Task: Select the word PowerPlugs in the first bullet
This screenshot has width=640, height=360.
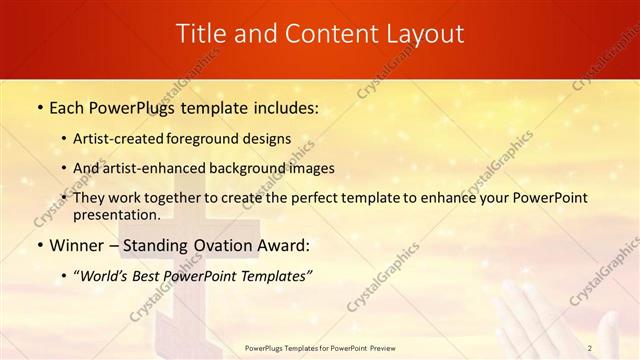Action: [x=127, y=106]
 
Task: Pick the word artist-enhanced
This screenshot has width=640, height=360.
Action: [x=159, y=168]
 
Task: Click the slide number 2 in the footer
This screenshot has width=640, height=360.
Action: [x=590, y=348]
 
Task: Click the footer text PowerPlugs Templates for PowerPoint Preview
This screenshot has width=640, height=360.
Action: [x=319, y=348]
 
